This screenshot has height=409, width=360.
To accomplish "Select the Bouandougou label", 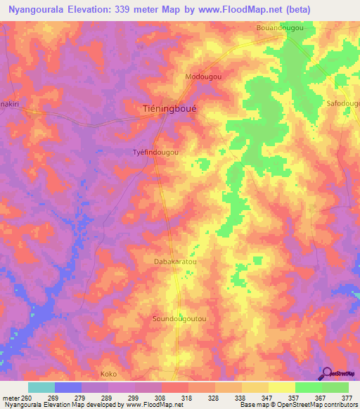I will click(x=280, y=27).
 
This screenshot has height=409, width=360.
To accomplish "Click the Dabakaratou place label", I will click(x=174, y=261).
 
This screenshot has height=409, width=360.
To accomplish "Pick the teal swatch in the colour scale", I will click(x=41, y=387).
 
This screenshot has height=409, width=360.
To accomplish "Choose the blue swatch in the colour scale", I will click(x=68, y=387).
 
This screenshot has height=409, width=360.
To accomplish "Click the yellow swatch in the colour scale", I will click(x=282, y=387).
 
